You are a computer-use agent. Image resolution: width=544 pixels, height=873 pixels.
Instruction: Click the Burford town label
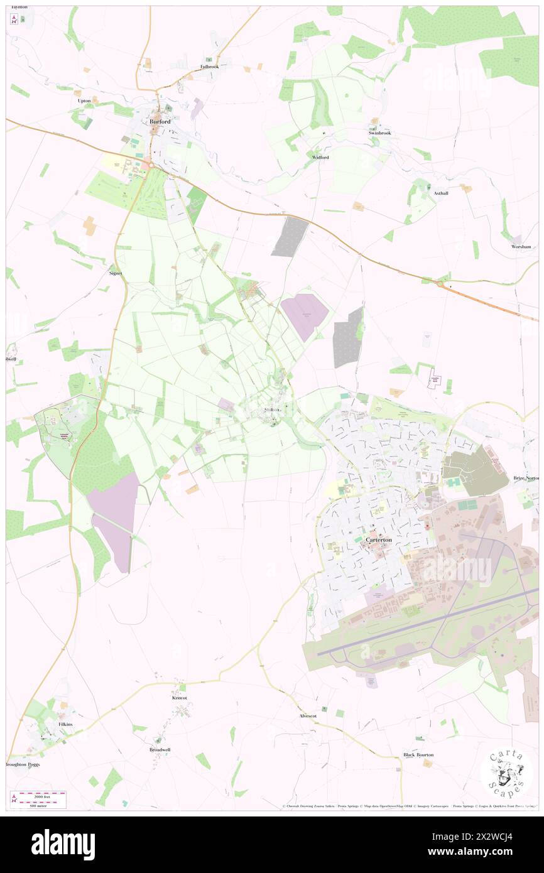click(160, 121)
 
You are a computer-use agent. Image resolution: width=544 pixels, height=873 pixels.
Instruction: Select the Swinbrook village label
click(379, 133)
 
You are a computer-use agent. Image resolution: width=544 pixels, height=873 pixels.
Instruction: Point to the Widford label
click(320, 157)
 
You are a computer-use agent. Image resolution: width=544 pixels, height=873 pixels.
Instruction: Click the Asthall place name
click(440, 193)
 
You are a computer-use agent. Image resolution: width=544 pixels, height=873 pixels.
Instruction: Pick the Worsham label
click(521, 247)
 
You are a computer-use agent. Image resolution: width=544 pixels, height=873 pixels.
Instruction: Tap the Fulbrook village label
click(209, 66)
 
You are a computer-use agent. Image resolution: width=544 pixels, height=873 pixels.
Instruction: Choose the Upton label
click(84, 100)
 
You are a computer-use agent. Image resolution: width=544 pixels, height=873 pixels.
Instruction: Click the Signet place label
click(115, 274)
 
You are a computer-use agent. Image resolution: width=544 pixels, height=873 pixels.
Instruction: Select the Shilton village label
click(272, 410)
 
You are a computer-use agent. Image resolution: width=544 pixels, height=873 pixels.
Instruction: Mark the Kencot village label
click(180, 698)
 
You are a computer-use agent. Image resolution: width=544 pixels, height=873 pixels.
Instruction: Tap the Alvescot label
click(308, 715)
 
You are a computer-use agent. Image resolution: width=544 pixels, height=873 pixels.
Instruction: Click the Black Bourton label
click(418, 754)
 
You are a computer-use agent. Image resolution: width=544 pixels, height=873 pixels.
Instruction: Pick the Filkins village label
click(65, 724)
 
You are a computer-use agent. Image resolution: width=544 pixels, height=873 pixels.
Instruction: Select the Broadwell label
click(160, 749)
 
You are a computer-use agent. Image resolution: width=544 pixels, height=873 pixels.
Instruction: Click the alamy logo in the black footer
click(63, 845)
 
